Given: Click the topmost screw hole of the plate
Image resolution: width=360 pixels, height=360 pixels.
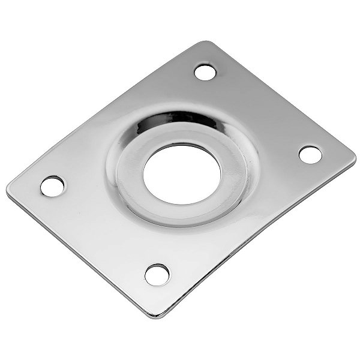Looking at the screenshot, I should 205,73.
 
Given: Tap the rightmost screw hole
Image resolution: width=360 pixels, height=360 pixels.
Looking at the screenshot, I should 310,154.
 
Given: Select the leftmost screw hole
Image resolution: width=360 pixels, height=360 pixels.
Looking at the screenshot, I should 53,184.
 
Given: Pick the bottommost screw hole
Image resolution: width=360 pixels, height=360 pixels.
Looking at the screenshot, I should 157,274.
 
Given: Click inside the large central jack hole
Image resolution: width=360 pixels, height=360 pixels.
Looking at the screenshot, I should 181,169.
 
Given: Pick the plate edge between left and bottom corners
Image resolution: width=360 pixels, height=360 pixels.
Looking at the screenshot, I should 78,255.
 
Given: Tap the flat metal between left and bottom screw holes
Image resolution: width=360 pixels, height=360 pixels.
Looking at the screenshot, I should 102,231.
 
